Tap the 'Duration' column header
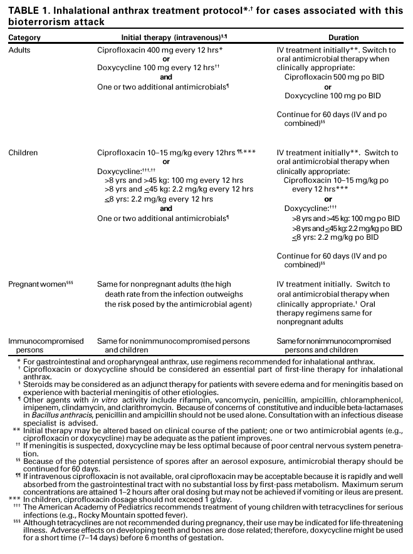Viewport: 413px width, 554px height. pyautogui.click(x=343, y=38)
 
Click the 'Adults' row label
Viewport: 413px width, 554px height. pyautogui.click(x=20, y=48)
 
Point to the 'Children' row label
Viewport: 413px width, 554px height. pyautogui.click(x=23, y=152)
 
